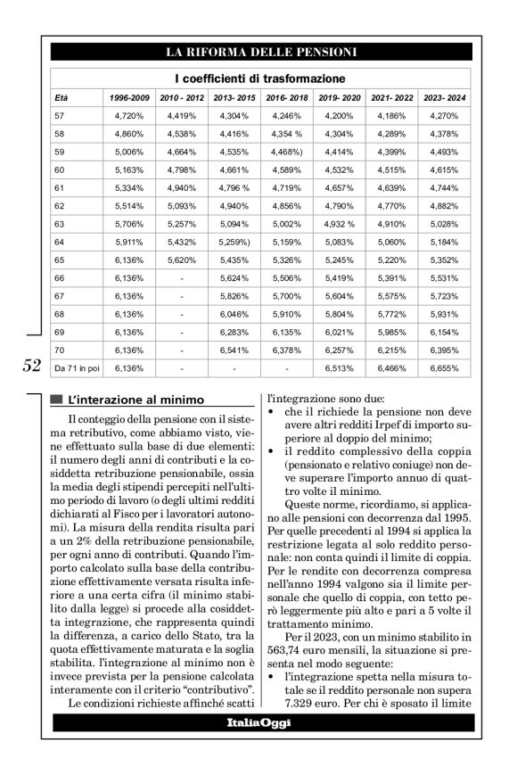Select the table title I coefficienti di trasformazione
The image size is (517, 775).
point(259,78)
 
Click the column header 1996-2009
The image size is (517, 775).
point(129,97)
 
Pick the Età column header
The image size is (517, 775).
point(62,97)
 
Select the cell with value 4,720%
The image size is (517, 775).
point(129,116)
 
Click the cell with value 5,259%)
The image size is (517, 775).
point(234,242)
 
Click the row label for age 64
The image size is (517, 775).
point(60,242)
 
